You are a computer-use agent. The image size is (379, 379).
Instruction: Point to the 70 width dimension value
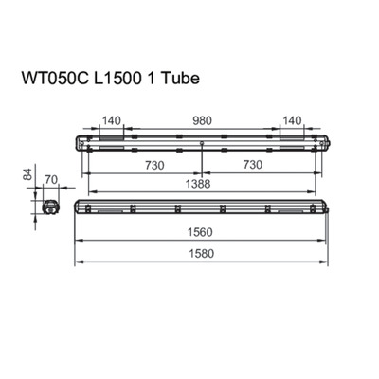51,177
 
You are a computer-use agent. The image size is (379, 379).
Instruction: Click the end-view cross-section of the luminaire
50,206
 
